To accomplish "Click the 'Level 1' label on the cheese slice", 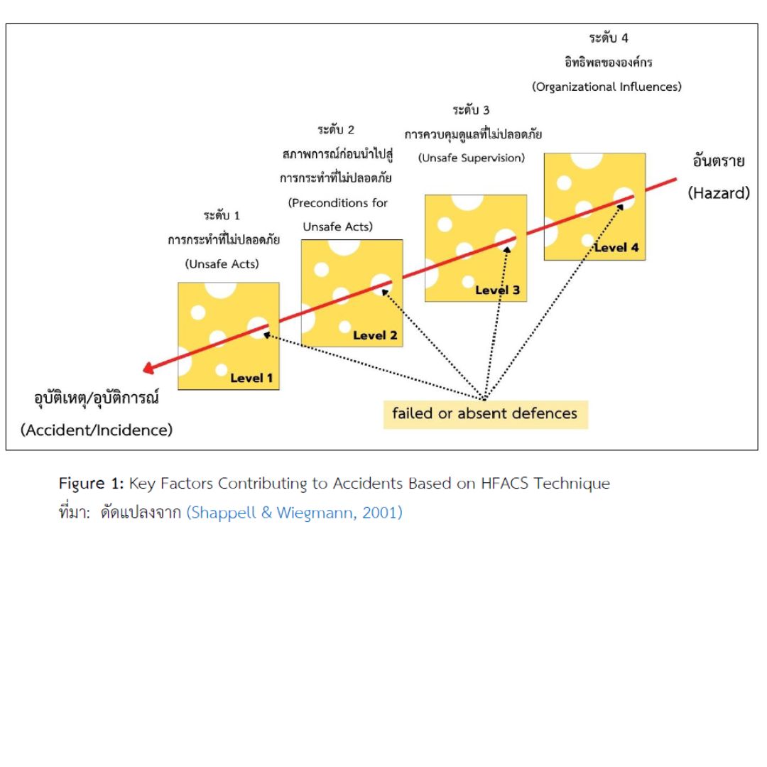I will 251,378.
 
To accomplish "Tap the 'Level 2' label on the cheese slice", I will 375,335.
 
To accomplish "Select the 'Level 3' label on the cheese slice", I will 497,290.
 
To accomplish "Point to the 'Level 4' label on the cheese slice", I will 616,248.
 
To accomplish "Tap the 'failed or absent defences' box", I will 485,413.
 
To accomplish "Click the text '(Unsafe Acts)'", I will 222,264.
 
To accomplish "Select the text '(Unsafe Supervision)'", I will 471,158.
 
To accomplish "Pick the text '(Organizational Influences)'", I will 606,87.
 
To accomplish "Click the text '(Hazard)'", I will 718,192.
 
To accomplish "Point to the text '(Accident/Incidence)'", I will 97,430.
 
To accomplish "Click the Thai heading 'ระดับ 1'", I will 222,215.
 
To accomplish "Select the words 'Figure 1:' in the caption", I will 91,484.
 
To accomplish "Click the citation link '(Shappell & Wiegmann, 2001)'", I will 294,513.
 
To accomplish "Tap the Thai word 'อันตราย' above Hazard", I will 719,161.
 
